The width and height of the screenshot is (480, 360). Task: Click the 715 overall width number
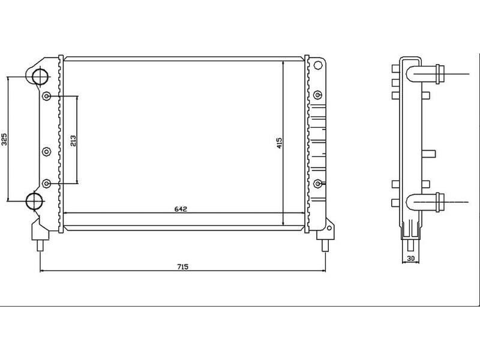click(182, 267)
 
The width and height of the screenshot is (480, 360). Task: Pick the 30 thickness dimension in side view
click(411, 258)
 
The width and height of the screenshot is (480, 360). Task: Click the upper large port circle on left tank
click(39, 76)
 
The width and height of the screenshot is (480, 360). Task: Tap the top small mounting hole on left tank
click(47, 96)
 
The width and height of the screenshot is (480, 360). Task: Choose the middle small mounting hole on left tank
click(47, 152)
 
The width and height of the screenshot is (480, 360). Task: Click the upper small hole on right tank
click(318, 94)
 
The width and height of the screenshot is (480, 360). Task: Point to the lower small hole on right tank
click(318, 183)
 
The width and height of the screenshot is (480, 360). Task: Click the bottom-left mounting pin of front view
click(40, 244)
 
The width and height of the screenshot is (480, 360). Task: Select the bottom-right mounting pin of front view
click(325, 244)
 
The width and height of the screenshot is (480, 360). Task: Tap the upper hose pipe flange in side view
click(440, 74)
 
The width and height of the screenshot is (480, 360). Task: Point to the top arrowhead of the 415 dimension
click(283, 62)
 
